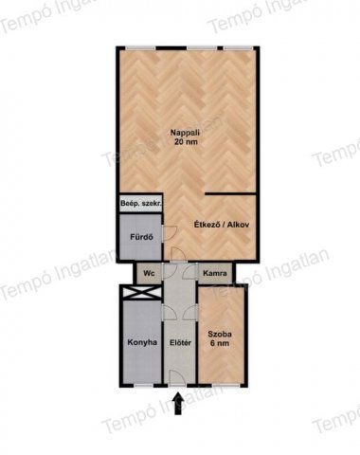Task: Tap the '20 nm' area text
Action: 186,141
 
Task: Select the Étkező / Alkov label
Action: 222,225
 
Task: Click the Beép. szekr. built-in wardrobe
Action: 141,204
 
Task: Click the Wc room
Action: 149,273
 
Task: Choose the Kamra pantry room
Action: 215,273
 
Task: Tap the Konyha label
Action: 142,342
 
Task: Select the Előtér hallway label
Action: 180,342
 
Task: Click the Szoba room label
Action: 220,335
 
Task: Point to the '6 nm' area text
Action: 220,343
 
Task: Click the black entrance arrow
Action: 178,404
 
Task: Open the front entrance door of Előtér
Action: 177,378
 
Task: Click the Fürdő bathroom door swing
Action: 170,233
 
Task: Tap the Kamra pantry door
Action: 190,271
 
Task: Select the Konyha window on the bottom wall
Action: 143,386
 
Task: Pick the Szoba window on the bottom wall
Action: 225,386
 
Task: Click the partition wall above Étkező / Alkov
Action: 231,192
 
